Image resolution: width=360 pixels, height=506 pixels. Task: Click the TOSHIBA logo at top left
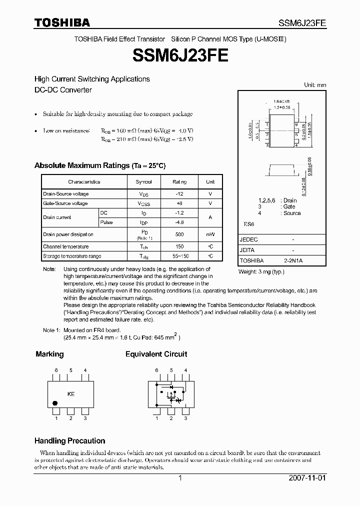point(62,22)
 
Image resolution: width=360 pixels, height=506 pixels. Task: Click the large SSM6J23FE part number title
point(180,55)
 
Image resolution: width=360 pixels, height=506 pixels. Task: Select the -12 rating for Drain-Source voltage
point(179,194)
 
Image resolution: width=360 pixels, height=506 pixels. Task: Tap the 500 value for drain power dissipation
point(179,234)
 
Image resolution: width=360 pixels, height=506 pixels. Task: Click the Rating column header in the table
point(179,182)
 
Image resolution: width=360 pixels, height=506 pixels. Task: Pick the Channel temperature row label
point(66,246)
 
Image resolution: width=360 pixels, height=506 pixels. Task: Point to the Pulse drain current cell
point(106,222)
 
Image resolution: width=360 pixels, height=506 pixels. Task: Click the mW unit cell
point(210,234)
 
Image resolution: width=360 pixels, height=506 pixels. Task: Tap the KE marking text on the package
point(71,394)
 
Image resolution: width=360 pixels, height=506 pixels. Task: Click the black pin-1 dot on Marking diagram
point(55,402)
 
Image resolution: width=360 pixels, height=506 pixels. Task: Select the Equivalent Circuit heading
point(156,354)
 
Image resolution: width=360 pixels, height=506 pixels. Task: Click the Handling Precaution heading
point(69,441)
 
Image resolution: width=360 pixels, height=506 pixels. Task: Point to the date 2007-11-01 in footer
point(307,478)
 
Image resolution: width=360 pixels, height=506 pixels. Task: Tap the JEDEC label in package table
point(248,239)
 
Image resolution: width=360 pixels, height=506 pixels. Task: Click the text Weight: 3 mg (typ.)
point(261,272)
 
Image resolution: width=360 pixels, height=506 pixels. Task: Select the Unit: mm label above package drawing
point(315,85)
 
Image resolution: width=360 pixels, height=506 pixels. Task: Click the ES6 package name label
point(248,225)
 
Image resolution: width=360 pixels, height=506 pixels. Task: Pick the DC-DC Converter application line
point(63,90)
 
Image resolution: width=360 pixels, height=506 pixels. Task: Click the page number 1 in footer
point(180,478)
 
